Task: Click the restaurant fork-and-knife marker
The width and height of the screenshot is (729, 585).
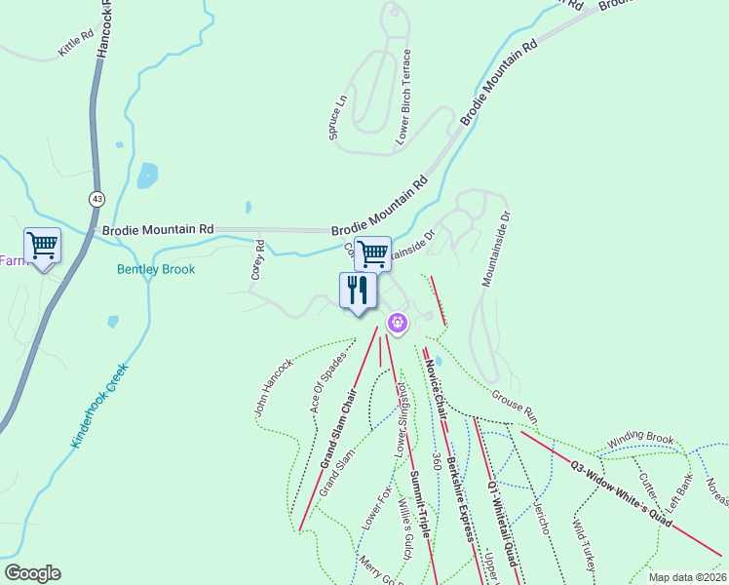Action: pyautogui.click(x=358, y=290)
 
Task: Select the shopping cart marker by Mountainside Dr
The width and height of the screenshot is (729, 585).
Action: pyautogui.click(x=372, y=253)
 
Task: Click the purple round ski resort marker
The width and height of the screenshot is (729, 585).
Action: pyautogui.click(x=397, y=323)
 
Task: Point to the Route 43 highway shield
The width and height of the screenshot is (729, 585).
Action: pyautogui.click(x=96, y=199)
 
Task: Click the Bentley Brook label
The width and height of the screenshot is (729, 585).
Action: pyautogui.click(x=156, y=269)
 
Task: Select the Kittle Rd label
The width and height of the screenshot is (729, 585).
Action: pyautogui.click(x=75, y=42)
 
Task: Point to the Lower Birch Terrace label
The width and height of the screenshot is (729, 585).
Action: pyautogui.click(x=403, y=97)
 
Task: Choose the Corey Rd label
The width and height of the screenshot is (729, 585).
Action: pyautogui.click(x=258, y=260)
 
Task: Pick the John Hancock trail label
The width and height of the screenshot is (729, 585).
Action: pyautogui.click(x=274, y=387)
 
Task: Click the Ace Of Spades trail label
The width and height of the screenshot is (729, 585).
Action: pyautogui.click(x=328, y=383)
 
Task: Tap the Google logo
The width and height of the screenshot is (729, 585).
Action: pyautogui.click(x=32, y=573)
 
